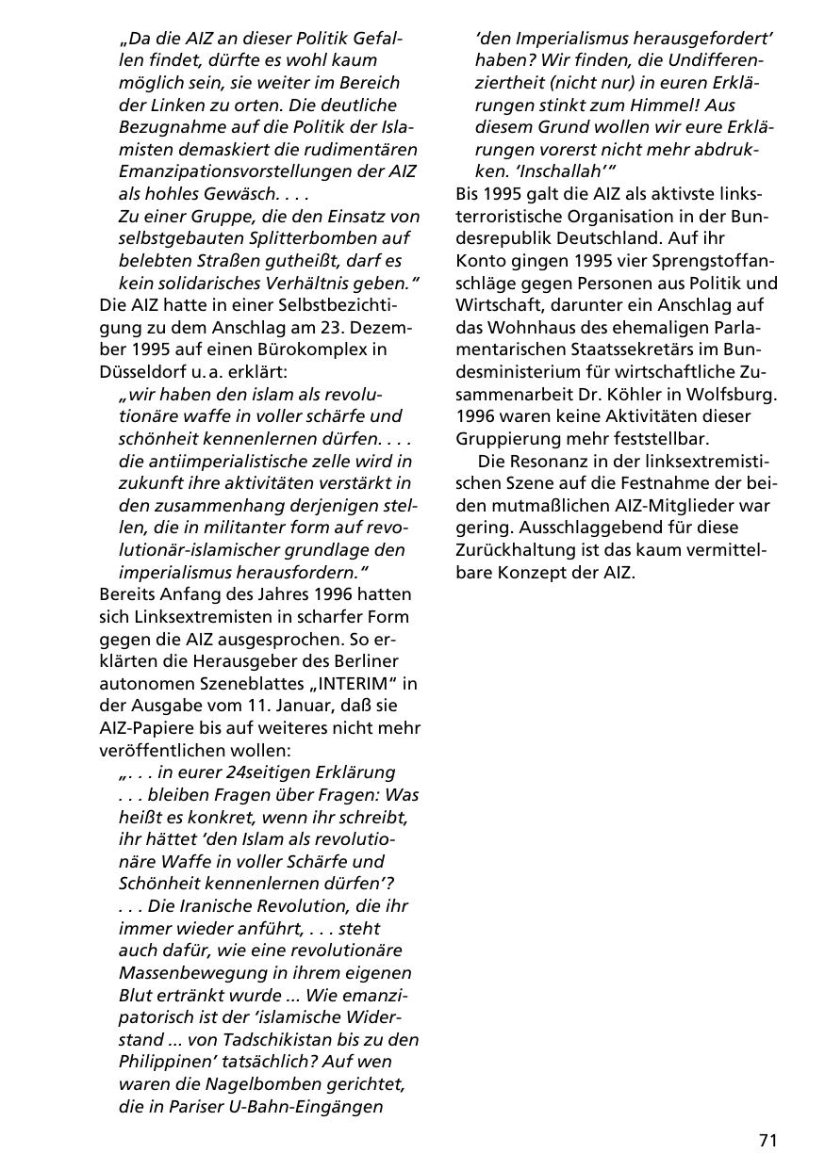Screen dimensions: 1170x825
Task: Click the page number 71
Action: (767, 1140)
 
